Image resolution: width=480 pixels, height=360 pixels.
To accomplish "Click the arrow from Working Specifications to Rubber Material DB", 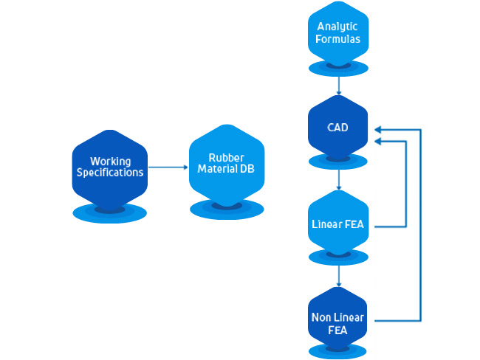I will coord(168,167).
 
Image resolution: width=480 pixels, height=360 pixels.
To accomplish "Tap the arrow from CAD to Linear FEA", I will coord(338,179).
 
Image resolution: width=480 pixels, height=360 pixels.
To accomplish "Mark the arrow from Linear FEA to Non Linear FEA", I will coord(338,275).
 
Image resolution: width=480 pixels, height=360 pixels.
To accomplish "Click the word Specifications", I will coord(110,173).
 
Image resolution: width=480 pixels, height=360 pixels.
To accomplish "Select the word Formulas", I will coord(338,38).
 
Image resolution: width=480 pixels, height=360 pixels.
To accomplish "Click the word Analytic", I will coord(338,27).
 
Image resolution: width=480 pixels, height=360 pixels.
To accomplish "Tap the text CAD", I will coord(338,128).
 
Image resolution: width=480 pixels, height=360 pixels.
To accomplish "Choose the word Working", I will coord(110,161).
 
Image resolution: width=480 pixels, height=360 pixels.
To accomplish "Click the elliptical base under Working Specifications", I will coord(110,214).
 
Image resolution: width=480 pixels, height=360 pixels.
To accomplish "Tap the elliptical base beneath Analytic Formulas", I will coord(338,69).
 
